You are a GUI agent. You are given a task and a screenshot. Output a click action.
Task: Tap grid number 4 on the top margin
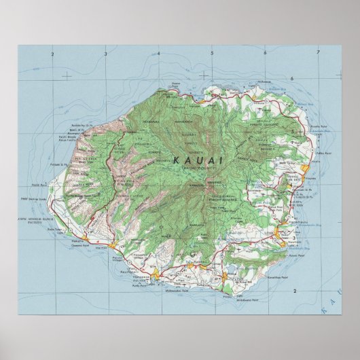158,52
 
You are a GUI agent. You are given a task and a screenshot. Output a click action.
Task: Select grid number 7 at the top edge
318,52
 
